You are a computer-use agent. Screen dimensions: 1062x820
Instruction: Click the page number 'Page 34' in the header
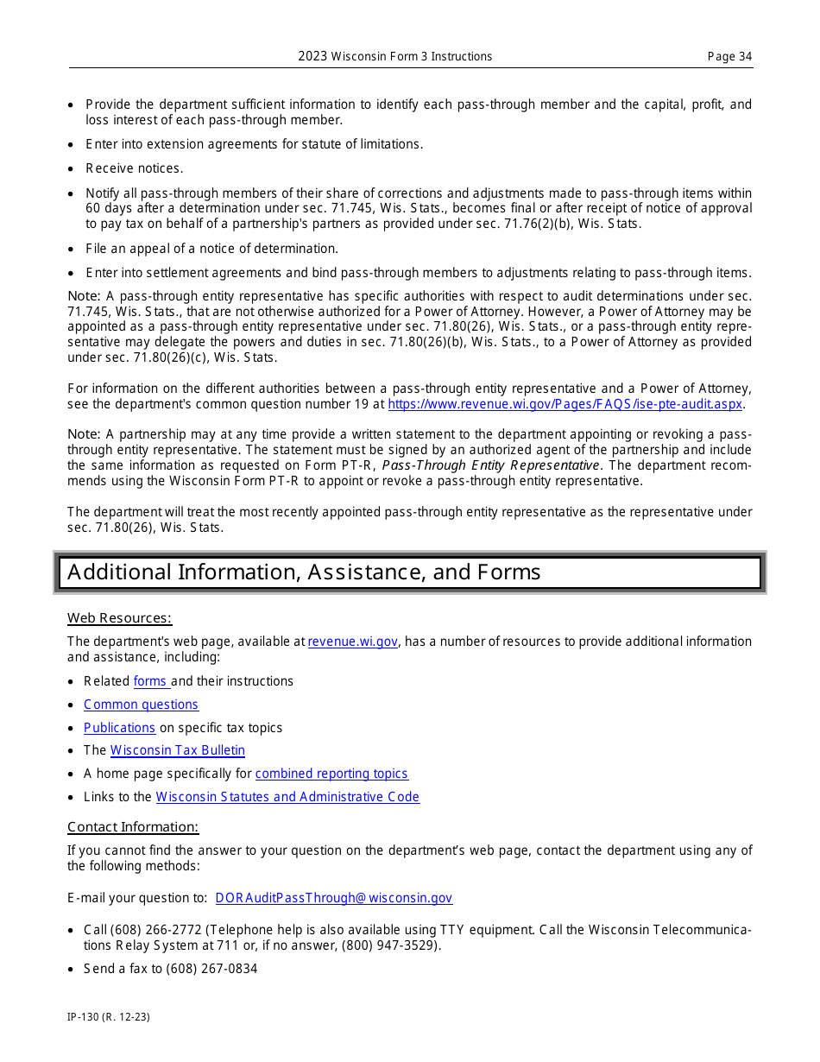pos(729,57)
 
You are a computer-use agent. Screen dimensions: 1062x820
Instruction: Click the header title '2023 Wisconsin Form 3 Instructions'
pos(395,57)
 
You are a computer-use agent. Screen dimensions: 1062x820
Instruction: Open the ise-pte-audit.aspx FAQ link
pos(565,404)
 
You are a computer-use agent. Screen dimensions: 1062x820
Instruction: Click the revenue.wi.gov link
pos(352,642)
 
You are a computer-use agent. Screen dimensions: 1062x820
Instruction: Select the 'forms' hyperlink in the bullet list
pos(150,681)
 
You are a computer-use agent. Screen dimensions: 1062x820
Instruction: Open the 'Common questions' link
pos(141,705)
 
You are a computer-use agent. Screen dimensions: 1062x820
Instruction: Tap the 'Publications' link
pos(119,728)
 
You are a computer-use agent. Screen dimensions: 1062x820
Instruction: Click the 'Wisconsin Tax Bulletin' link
pos(177,750)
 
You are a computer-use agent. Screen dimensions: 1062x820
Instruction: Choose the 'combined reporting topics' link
pos(331,774)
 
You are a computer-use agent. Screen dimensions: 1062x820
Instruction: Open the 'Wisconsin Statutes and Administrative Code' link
pos(287,797)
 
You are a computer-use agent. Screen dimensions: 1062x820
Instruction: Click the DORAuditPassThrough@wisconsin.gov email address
pos(333,898)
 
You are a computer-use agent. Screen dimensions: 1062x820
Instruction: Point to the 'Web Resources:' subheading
pos(119,618)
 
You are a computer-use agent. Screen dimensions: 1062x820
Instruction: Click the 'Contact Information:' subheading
pos(133,827)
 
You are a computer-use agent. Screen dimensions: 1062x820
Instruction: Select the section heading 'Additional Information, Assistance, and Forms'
pos(304,572)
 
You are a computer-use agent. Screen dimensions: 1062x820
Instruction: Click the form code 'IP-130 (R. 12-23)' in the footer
pos(109,1017)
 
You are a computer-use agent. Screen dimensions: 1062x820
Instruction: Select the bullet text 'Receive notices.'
pos(134,168)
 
